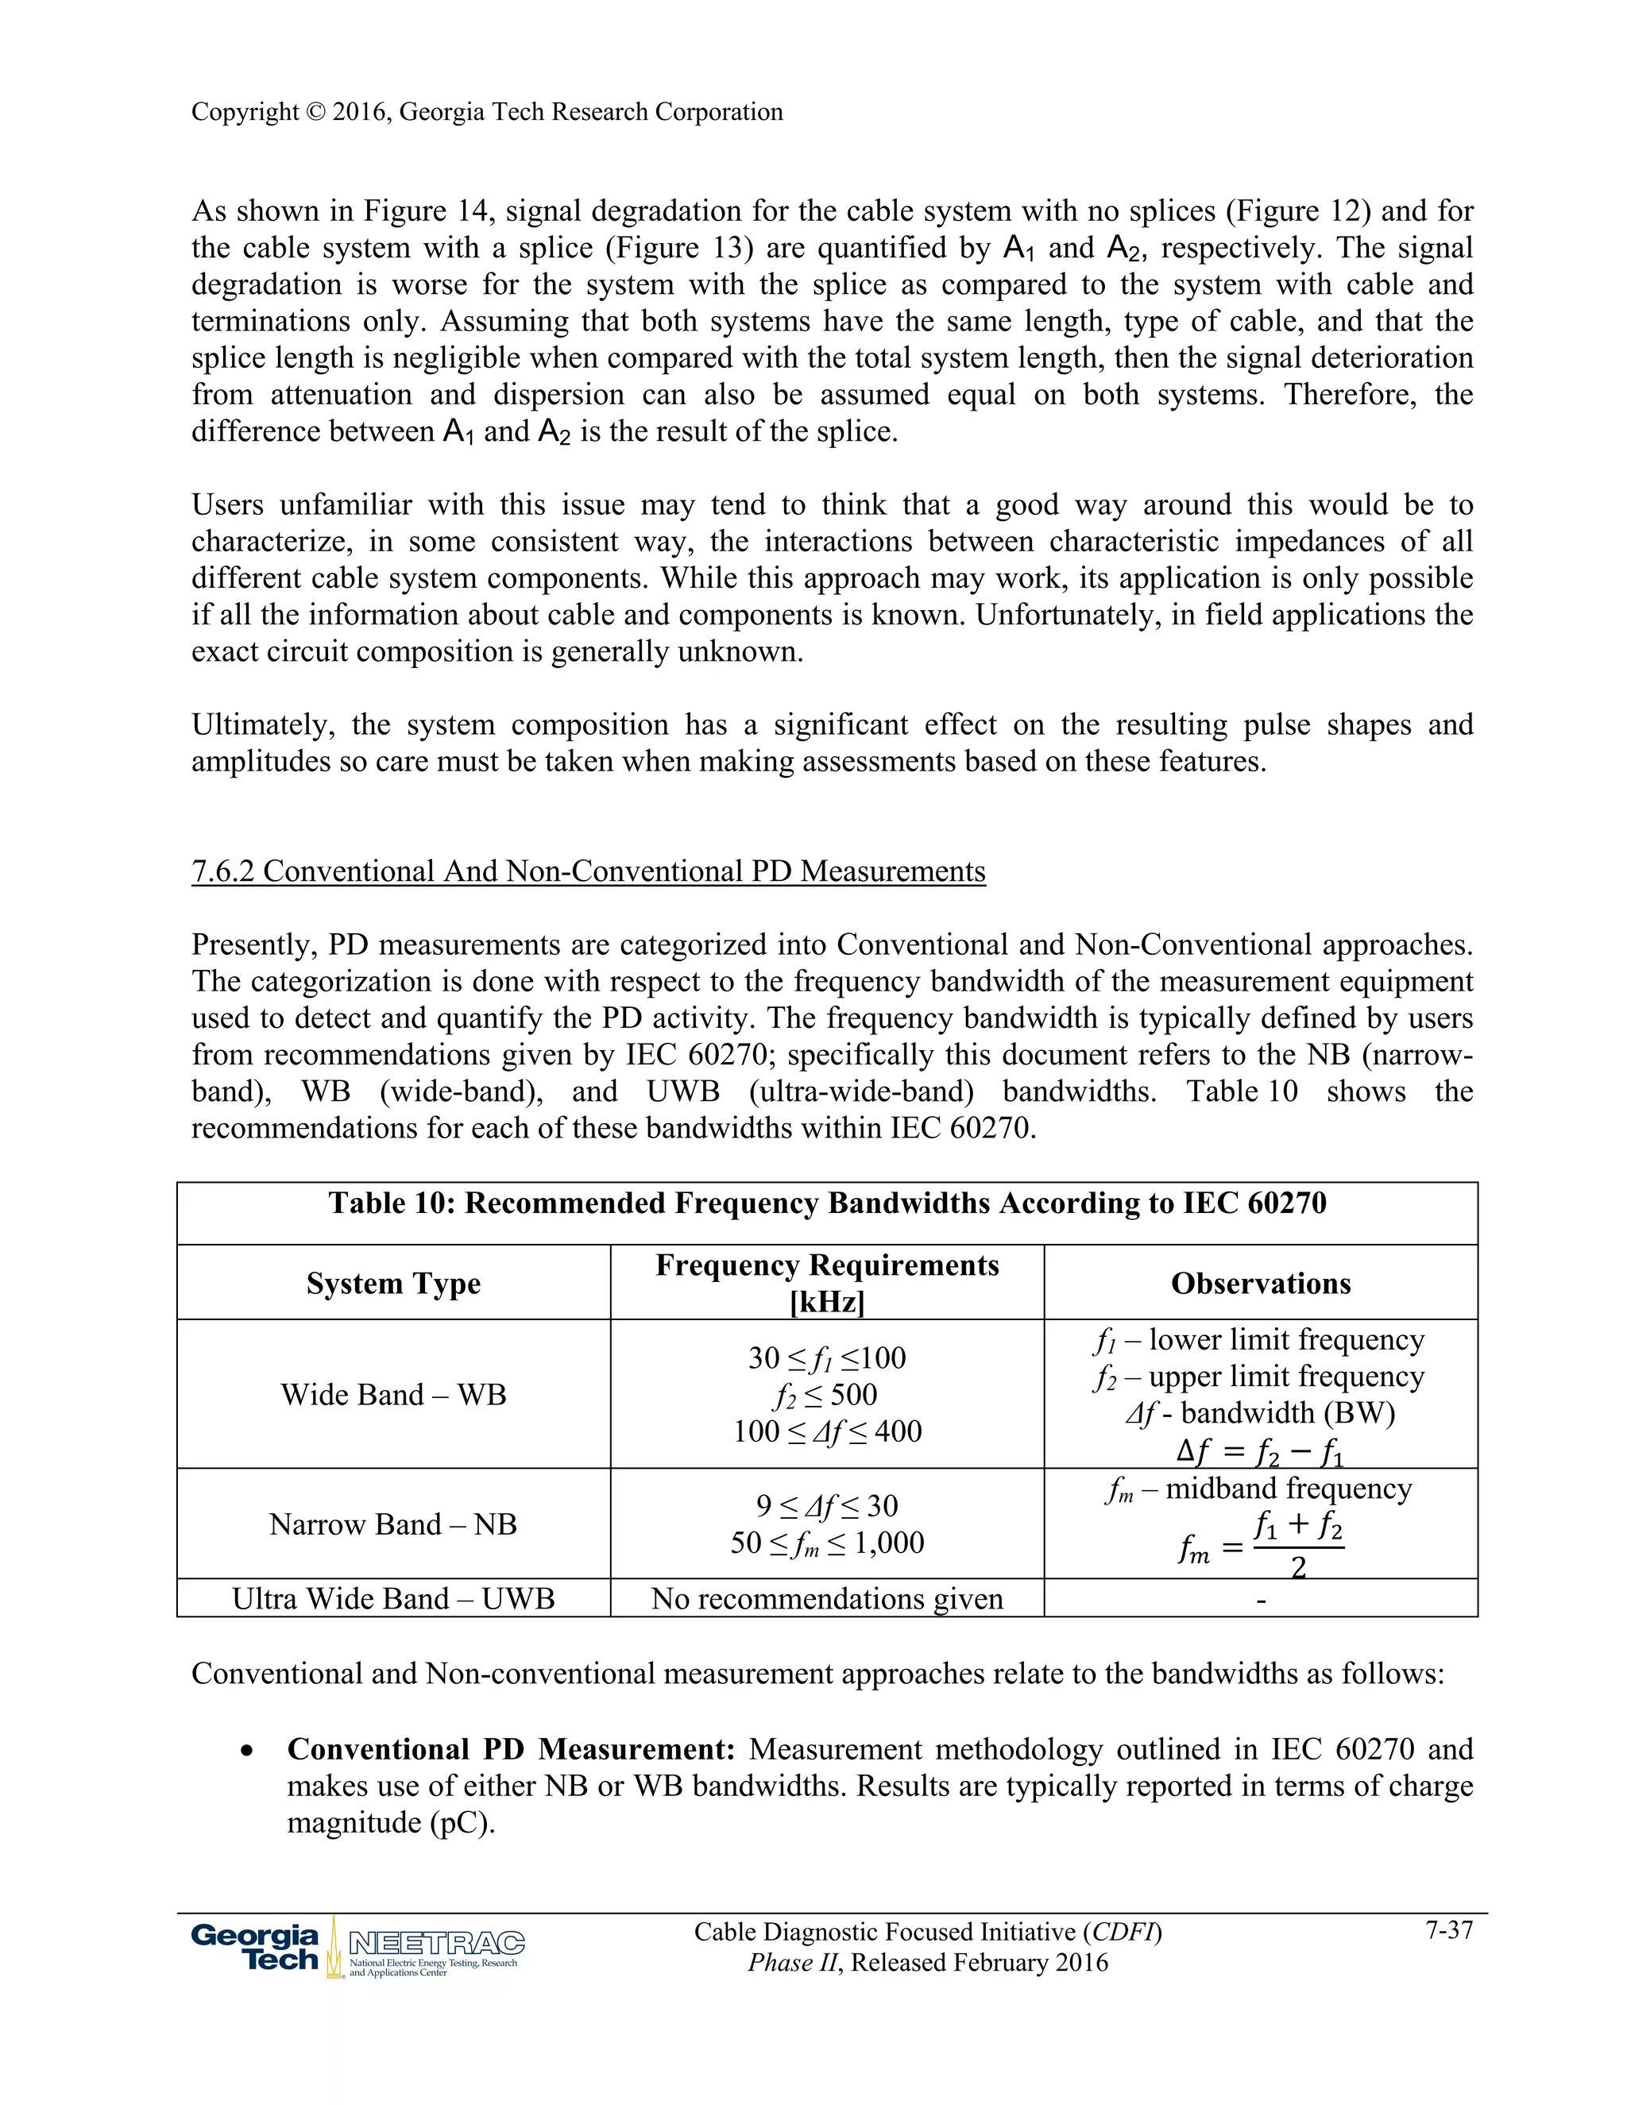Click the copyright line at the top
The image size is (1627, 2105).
[487, 112]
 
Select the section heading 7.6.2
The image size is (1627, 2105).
[588, 871]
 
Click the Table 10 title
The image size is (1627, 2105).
[827, 1203]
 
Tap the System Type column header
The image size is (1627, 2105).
[393, 1283]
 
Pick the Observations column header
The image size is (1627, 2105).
[1261, 1283]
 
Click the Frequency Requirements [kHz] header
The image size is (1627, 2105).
[827, 1283]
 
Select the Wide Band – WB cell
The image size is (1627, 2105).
[393, 1395]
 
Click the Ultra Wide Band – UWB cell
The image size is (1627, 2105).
[393, 1599]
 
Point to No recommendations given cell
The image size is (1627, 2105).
[827, 1599]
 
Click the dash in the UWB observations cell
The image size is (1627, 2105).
[1261, 1601]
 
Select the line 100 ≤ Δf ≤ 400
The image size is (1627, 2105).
[827, 1431]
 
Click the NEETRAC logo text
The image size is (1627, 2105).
[435, 1942]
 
